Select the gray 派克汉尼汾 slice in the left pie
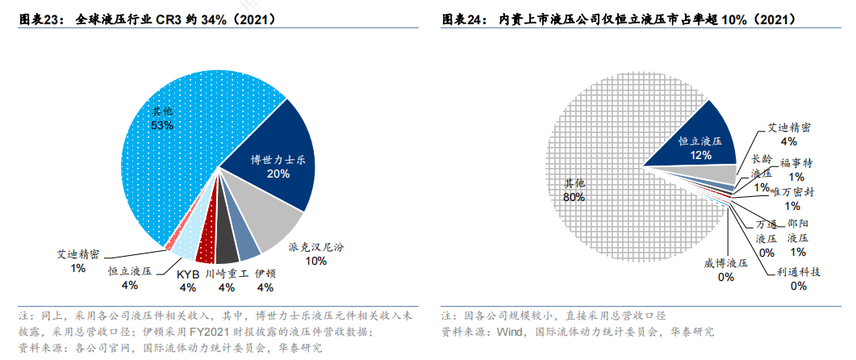pyautogui.click(x=270, y=222)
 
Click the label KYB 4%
pyautogui.click(x=187, y=280)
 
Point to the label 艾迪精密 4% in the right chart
pyautogui.click(x=788, y=134)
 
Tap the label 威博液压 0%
pyautogui.click(x=725, y=270)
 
